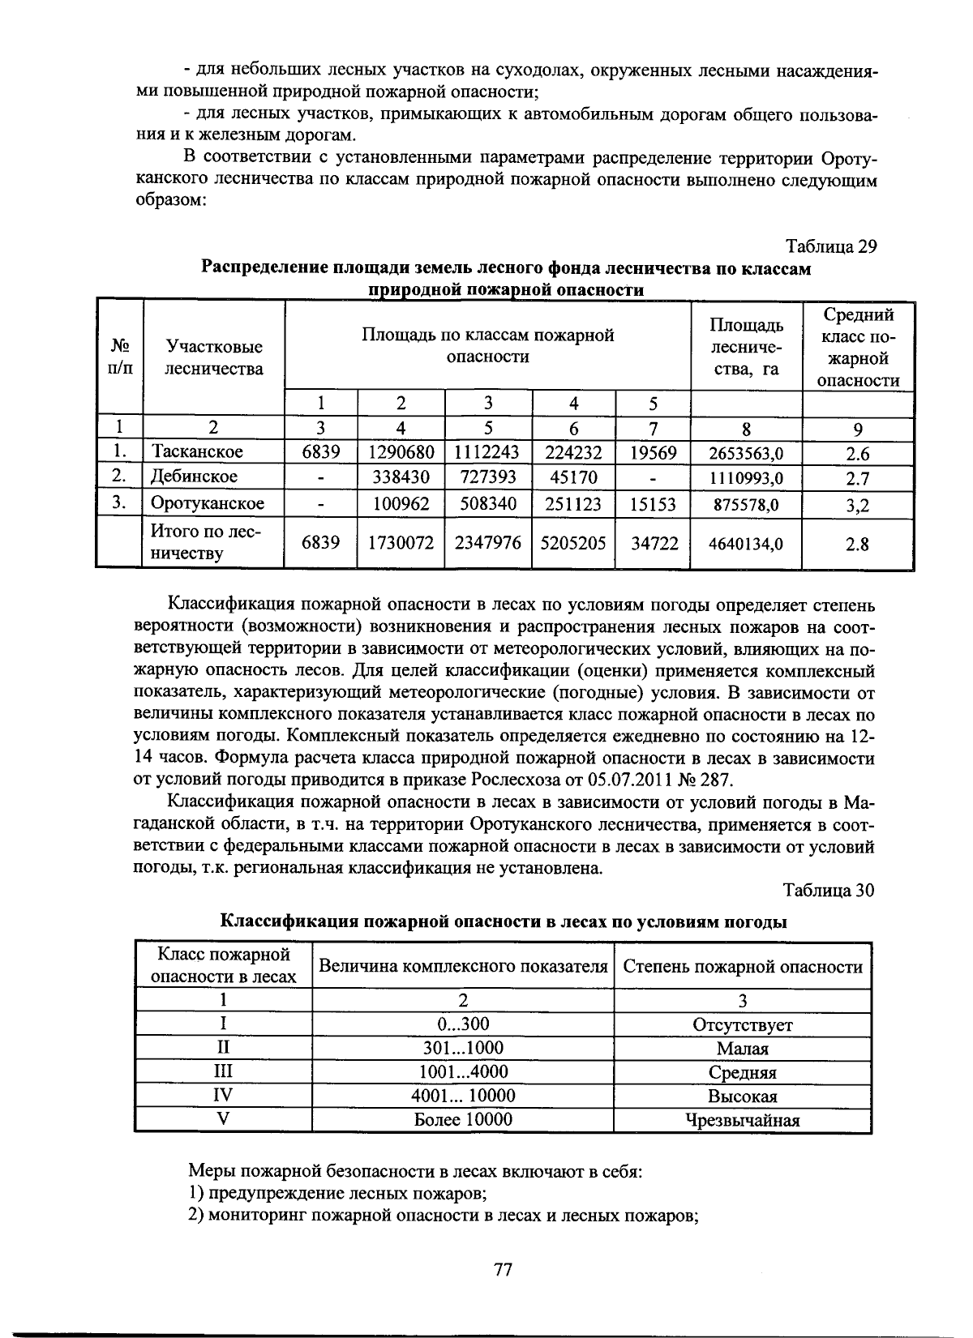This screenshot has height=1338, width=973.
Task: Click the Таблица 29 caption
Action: pos(831,246)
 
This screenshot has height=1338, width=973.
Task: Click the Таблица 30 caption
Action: pos(829,890)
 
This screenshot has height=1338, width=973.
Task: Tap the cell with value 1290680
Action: pos(401,451)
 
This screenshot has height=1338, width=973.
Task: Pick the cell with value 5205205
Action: pos(574,543)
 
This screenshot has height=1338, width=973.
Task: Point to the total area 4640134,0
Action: pos(745,544)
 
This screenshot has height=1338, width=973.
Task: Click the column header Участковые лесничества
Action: pos(214,358)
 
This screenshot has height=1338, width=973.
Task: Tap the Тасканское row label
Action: pos(198,451)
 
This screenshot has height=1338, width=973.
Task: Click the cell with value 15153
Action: pos(653,505)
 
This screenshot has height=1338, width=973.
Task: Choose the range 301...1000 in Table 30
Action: pos(463,1048)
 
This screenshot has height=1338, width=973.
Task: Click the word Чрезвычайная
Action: pos(742,1121)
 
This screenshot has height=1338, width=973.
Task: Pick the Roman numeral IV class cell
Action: pos(222,1096)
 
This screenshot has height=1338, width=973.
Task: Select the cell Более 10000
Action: pos(463,1120)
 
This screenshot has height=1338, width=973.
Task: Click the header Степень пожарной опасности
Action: pos(742,967)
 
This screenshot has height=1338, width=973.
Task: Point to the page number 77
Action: pos(503,1270)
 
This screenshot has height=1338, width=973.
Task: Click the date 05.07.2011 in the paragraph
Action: pos(632,780)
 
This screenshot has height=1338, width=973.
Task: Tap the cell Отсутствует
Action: pos(742,1024)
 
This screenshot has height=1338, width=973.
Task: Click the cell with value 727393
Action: pos(487,477)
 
